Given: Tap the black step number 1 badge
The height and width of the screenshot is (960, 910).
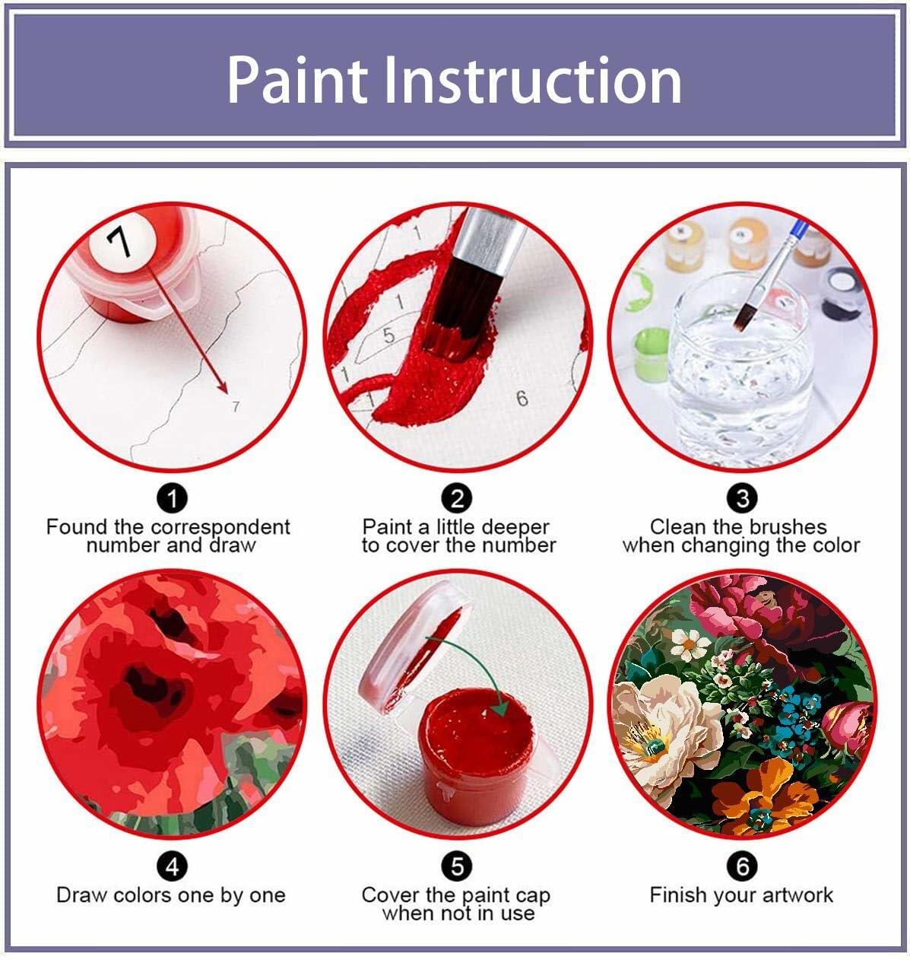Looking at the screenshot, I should point(172,499).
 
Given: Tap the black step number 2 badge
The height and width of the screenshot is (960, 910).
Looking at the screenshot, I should point(456,499).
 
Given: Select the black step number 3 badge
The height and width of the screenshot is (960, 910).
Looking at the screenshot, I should point(742,499).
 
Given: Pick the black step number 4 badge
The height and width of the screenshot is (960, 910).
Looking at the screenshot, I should point(172,866).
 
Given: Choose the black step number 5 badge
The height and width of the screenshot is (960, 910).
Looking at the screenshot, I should point(456,866).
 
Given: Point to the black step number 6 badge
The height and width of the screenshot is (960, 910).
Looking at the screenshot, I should point(742,866).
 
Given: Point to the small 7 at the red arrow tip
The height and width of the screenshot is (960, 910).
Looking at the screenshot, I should point(236,407).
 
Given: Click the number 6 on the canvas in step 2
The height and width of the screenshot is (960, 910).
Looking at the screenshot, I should point(522,398).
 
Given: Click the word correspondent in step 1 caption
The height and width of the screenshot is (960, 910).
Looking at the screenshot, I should point(220,527).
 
